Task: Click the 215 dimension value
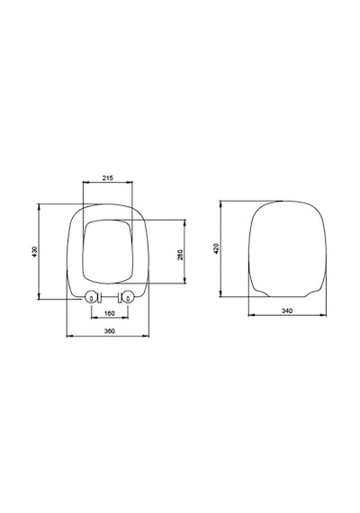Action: point(108,178)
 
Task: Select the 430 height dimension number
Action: point(35,251)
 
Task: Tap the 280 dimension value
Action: point(180,255)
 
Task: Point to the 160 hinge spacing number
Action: point(109,313)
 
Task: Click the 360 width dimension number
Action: point(109,331)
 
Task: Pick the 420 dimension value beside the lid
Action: point(216,248)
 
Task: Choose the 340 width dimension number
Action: point(287,310)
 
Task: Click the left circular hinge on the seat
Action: point(91,297)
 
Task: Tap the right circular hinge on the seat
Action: point(128,297)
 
